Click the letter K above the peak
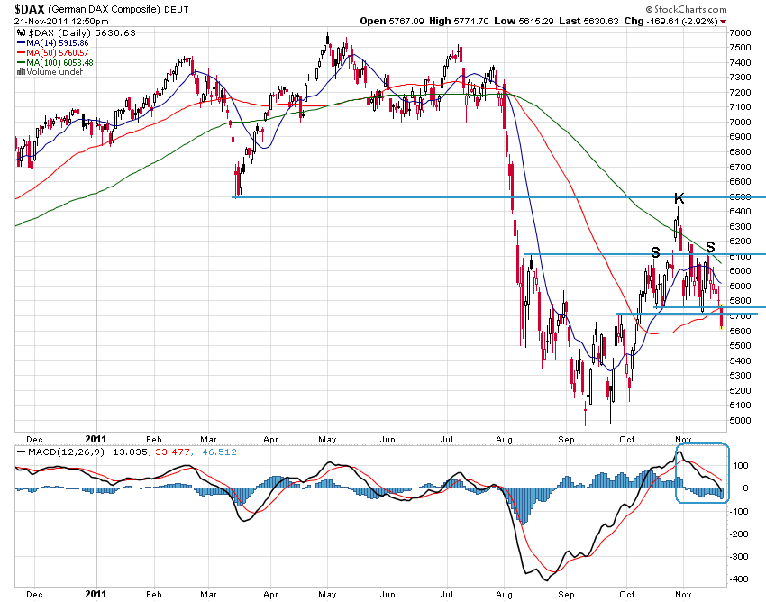[679, 198]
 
